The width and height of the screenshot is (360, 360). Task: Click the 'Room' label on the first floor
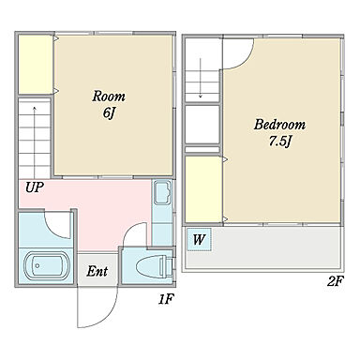109,97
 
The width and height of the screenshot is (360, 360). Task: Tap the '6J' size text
109,112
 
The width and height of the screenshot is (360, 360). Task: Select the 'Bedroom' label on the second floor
279,125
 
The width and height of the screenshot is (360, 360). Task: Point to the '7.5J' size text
279,142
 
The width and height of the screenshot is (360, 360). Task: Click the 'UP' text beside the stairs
35,187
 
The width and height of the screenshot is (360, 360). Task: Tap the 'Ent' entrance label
97,271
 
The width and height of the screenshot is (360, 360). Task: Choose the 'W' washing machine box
199,239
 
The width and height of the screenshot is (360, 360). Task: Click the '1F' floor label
165,300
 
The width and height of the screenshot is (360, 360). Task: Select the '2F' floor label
335,282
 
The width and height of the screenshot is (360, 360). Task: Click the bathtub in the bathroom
47,265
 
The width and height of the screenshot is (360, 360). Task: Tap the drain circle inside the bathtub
37,265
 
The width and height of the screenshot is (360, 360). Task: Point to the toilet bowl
154,266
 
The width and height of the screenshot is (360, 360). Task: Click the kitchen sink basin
162,192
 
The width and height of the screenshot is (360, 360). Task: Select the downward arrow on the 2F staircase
201,78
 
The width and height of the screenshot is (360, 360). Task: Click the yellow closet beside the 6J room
35,65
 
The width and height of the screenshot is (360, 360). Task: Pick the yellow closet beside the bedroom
203,188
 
